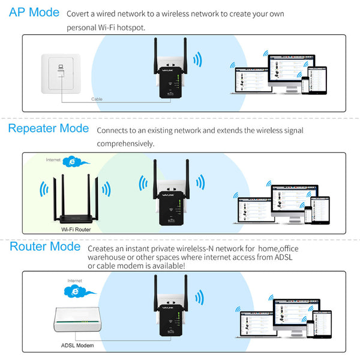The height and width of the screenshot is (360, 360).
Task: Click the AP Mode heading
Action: tap(34, 13)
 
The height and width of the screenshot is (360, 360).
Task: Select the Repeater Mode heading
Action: tap(48, 128)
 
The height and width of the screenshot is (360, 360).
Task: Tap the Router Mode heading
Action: tap(44, 247)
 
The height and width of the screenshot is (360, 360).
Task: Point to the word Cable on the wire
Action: tap(97, 99)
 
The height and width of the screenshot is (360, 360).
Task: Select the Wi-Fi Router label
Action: tap(75, 229)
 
